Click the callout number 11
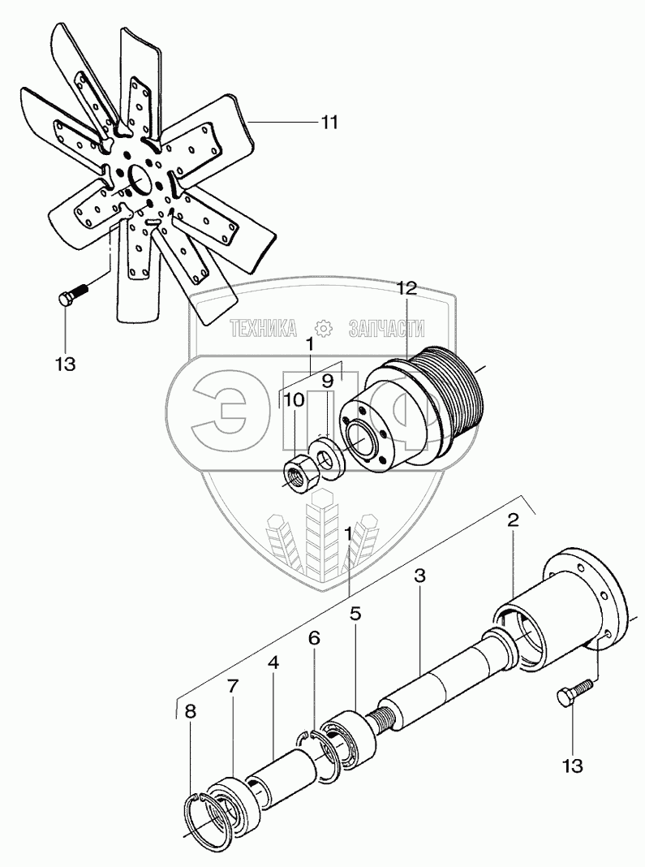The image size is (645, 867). click(x=329, y=123)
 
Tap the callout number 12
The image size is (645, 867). click(x=406, y=288)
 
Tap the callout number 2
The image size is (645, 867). click(x=514, y=520)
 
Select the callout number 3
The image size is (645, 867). click(x=419, y=576)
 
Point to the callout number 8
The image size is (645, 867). click(x=190, y=712)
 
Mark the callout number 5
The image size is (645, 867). click(x=355, y=613)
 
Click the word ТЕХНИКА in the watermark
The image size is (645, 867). click(x=263, y=329)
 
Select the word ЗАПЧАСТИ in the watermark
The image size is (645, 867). click(x=387, y=329)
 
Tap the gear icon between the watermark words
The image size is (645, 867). click(x=323, y=329)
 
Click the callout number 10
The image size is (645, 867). click(x=294, y=400)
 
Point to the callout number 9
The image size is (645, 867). click(x=327, y=381)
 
